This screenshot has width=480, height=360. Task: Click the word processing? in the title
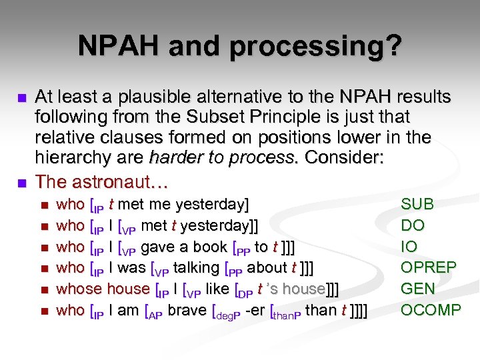pyautogui.click(x=331, y=46)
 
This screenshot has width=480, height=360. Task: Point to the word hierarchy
pyautogui.click(x=70, y=159)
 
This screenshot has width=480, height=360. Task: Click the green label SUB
pyautogui.click(x=417, y=204)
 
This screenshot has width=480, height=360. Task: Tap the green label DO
pyautogui.click(x=413, y=225)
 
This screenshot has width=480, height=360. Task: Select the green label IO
pyautogui.click(x=409, y=247)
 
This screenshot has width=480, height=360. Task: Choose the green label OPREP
pyautogui.click(x=428, y=268)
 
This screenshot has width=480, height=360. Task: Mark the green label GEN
pyautogui.click(x=417, y=289)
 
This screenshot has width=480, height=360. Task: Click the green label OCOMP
pyautogui.click(x=430, y=311)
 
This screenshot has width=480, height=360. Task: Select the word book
pyautogui.click(x=210, y=247)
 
